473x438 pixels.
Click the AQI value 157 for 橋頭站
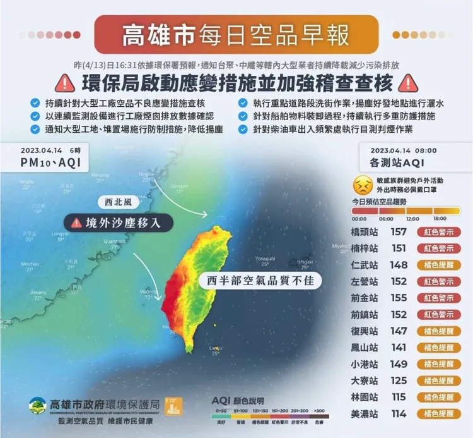399,232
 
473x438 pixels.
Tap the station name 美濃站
366,413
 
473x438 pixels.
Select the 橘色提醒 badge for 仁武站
438,265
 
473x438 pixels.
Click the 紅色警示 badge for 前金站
438,298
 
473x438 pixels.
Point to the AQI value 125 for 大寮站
399,380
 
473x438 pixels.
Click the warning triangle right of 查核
409,83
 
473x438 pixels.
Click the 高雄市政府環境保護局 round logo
38,405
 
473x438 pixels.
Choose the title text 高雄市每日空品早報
236,35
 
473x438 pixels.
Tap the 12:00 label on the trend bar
412,219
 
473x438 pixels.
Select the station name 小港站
366,364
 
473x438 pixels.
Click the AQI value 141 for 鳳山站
399,348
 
